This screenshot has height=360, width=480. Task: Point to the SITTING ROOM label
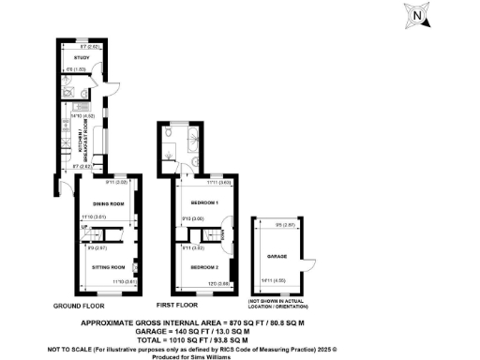coord(109,266)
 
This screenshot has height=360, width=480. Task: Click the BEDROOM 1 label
coord(204,202)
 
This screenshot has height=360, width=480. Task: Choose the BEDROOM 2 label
coord(204,267)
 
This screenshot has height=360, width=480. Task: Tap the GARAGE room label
coord(277,254)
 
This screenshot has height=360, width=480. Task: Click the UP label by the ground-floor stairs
coord(83,228)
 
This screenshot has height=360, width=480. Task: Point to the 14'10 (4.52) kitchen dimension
coord(90,116)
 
